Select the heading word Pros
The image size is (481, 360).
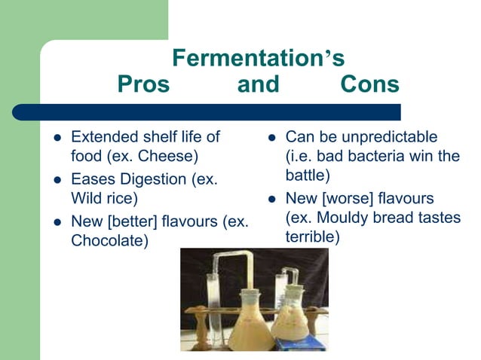(143, 84)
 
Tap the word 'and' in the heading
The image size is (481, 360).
(259, 84)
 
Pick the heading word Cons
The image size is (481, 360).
(369, 84)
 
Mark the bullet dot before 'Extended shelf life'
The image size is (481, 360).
(57, 138)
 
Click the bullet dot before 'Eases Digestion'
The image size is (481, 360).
(57, 180)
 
